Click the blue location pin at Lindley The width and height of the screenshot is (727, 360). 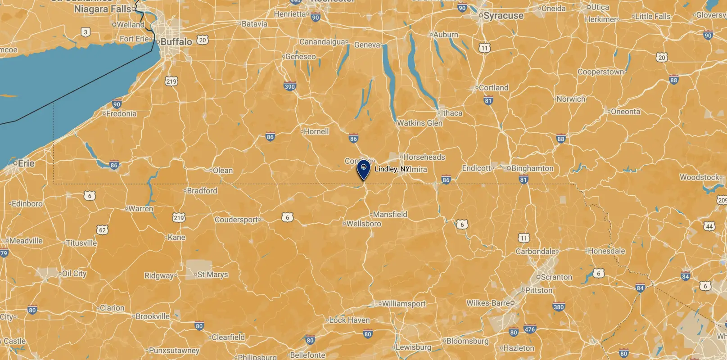(x=363, y=170)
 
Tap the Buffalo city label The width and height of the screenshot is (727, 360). (x=176, y=42)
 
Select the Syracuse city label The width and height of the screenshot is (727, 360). (x=503, y=16)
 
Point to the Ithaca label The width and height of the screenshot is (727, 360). (x=451, y=113)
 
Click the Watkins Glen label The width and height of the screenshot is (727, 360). (x=420, y=123)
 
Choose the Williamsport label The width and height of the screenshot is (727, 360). (x=403, y=304)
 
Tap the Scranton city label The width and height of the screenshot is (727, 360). (x=556, y=277)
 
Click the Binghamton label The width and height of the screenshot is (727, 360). (x=532, y=168)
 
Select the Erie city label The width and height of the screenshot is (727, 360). (x=26, y=163)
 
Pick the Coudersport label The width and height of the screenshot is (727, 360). (x=236, y=220)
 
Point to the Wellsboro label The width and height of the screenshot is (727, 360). (x=363, y=224)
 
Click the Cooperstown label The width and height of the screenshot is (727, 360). (x=601, y=72)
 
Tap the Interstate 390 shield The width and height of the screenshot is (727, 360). (x=290, y=87)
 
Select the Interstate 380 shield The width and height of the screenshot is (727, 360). (x=558, y=307)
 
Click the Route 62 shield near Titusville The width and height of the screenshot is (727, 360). (x=102, y=230)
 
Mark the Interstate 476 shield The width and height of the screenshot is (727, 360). (x=530, y=329)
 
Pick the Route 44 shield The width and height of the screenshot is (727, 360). (x=709, y=226)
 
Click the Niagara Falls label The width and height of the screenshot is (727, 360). (x=103, y=9)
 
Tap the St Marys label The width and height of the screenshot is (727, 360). (x=212, y=274)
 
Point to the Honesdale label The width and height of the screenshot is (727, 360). (x=606, y=251)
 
